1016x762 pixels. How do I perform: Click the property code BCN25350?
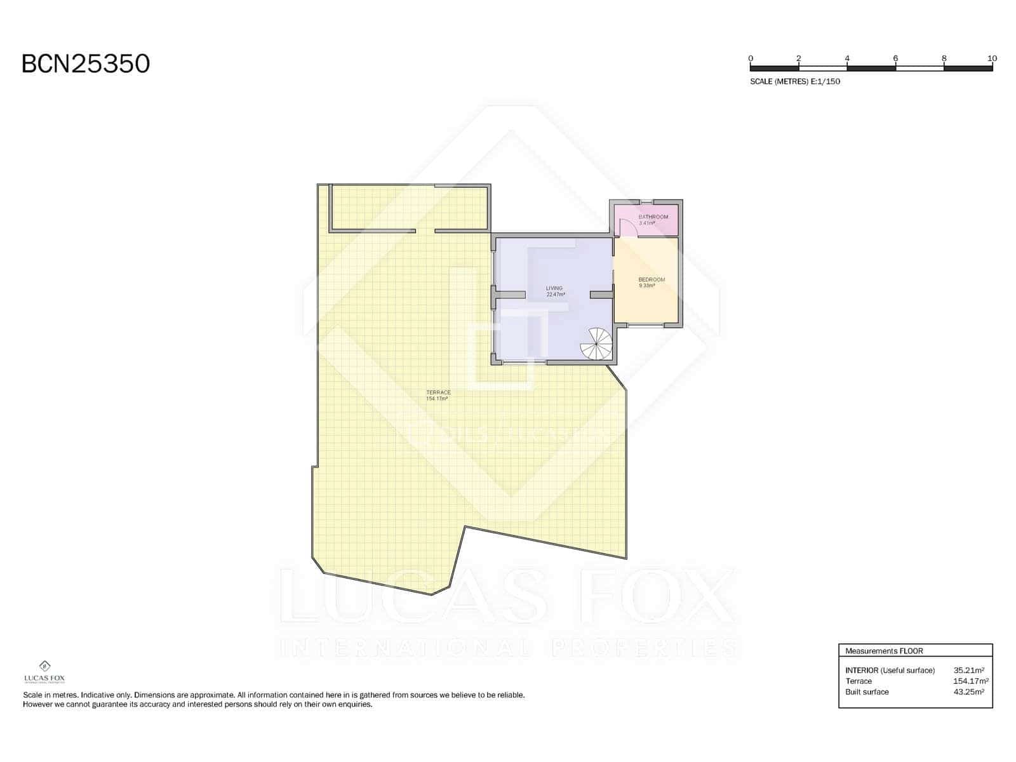click(x=86, y=63)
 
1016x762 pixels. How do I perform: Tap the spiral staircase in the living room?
click(x=596, y=344)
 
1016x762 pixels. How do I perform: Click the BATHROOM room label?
click(x=653, y=217)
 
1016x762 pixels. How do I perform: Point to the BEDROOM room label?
click(x=652, y=280)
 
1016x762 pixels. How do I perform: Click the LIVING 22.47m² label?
click(x=554, y=291)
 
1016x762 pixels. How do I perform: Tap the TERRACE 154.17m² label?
click(x=438, y=396)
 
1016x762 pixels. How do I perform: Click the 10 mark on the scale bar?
click(x=992, y=58)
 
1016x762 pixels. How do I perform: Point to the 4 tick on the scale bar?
click(x=847, y=58)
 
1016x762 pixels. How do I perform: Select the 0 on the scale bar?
click(x=751, y=58)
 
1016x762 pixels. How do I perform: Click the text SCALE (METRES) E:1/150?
click(x=795, y=81)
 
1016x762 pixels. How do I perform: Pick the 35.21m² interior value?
click(x=968, y=670)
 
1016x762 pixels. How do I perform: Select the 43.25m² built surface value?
click(x=968, y=692)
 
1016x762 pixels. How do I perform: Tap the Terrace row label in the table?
click(x=859, y=681)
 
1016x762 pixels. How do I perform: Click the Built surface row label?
click(x=867, y=692)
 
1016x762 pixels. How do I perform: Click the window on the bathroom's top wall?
click(x=646, y=202)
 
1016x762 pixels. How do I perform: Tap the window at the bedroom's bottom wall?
click(x=646, y=325)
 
